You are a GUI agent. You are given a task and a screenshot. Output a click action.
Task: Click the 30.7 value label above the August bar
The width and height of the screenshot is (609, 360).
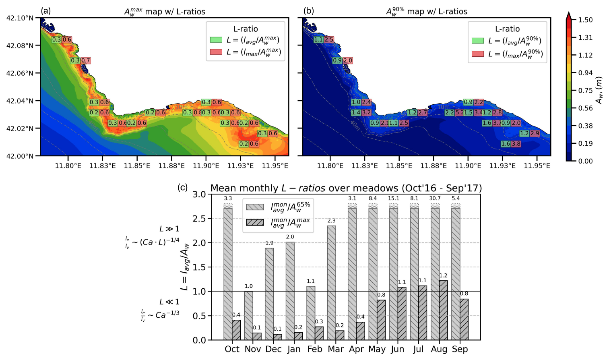tap(435, 198)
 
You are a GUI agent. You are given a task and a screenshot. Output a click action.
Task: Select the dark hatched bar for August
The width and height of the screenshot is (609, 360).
tap(443, 310)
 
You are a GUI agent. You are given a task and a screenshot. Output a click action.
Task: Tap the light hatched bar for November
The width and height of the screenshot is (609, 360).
tap(248, 315)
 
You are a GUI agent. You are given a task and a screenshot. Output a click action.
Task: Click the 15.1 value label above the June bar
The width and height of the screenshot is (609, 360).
tap(393, 198)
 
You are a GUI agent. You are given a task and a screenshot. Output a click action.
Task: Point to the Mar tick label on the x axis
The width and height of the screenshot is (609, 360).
tap(336, 349)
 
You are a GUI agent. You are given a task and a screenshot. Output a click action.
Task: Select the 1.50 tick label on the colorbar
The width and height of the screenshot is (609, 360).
tap(585, 20)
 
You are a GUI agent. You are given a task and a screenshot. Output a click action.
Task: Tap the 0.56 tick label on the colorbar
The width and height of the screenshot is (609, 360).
tap(585, 108)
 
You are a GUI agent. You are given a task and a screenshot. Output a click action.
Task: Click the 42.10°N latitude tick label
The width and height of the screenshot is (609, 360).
tap(20, 18)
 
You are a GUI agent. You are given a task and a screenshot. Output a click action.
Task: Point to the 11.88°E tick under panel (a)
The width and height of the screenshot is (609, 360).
tap(171, 166)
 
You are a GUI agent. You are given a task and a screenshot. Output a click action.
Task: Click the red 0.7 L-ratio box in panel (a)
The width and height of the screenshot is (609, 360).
tap(86, 60)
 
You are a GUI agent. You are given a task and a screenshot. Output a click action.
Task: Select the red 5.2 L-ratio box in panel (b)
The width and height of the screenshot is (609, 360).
tap(459, 113)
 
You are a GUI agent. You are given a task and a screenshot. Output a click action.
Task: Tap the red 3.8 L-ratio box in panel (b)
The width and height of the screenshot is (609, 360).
tap(516, 144)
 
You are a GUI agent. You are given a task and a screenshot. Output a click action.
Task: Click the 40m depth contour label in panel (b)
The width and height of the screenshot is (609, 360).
tap(355, 126)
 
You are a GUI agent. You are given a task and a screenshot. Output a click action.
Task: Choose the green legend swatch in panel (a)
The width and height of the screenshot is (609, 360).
tap(216, 40)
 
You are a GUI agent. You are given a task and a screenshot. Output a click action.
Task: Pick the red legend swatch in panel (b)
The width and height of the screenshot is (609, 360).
tap(478, 54)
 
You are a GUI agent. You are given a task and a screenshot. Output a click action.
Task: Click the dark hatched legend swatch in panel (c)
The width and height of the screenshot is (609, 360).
tap(255, 222)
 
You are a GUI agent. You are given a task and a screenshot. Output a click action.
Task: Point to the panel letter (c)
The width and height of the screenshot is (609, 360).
tap(183, 187)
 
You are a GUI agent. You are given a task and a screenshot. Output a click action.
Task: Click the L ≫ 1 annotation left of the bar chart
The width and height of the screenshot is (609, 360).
tap(169, 229)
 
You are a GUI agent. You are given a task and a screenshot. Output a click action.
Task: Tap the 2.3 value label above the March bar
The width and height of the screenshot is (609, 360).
tap(331, 221)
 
